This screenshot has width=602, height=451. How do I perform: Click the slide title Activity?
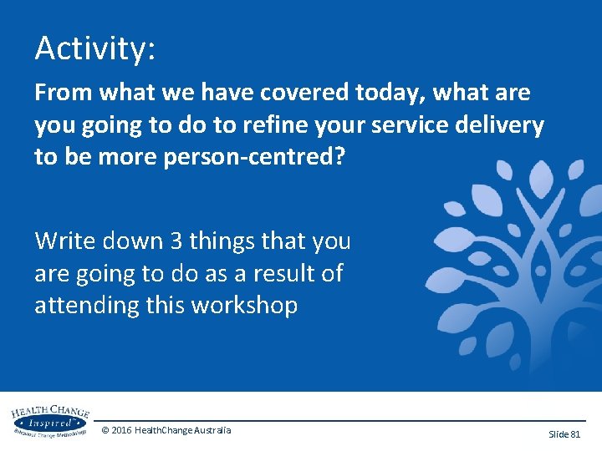[x=94, y=48]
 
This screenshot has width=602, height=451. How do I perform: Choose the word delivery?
[x=500, y=125]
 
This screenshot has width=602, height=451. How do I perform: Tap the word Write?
[x=66, y=241]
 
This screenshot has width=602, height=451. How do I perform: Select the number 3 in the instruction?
[x=176, y=241]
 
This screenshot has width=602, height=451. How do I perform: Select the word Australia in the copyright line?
[x=209, y=430]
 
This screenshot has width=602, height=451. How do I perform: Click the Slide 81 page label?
[x=564, y=434]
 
